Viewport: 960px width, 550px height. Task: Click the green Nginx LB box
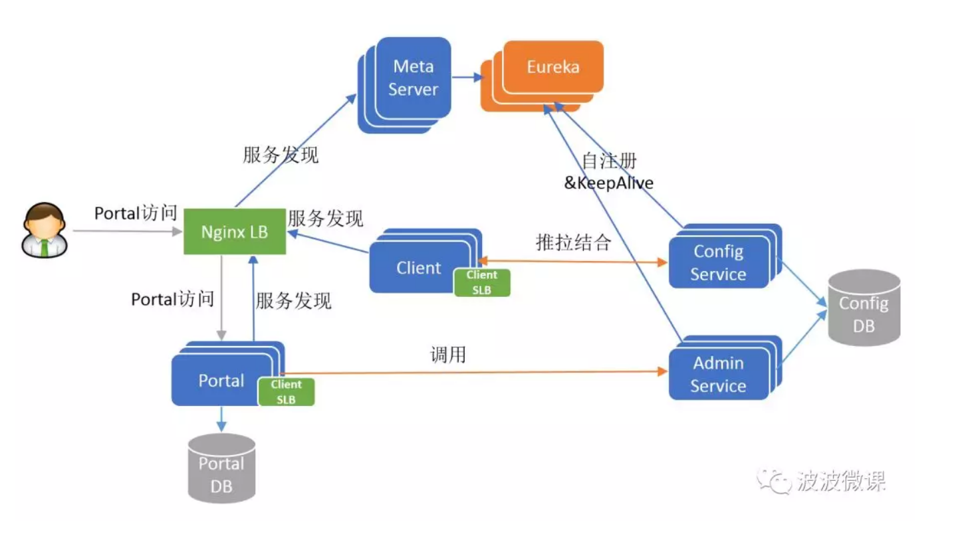pos(235,231)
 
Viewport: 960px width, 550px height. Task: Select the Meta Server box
pos(413,78)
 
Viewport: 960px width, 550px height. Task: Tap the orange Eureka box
pos(553,67)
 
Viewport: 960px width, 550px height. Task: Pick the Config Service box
pos(718,263)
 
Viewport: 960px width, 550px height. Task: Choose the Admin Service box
pos(718,375)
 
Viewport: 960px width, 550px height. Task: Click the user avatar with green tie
pos(44,230)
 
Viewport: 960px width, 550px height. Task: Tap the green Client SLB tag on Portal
pos(286,392)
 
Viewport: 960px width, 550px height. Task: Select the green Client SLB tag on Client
pos(482,283)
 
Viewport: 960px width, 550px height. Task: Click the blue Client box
pos(418,268)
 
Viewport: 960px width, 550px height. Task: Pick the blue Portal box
pos(221,381)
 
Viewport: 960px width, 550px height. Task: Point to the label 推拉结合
pos(573,242)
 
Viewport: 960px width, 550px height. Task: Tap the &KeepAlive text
pos(608,183)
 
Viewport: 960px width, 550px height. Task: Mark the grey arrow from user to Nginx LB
pos(126,231)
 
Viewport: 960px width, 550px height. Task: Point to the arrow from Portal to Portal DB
pos(221,419)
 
